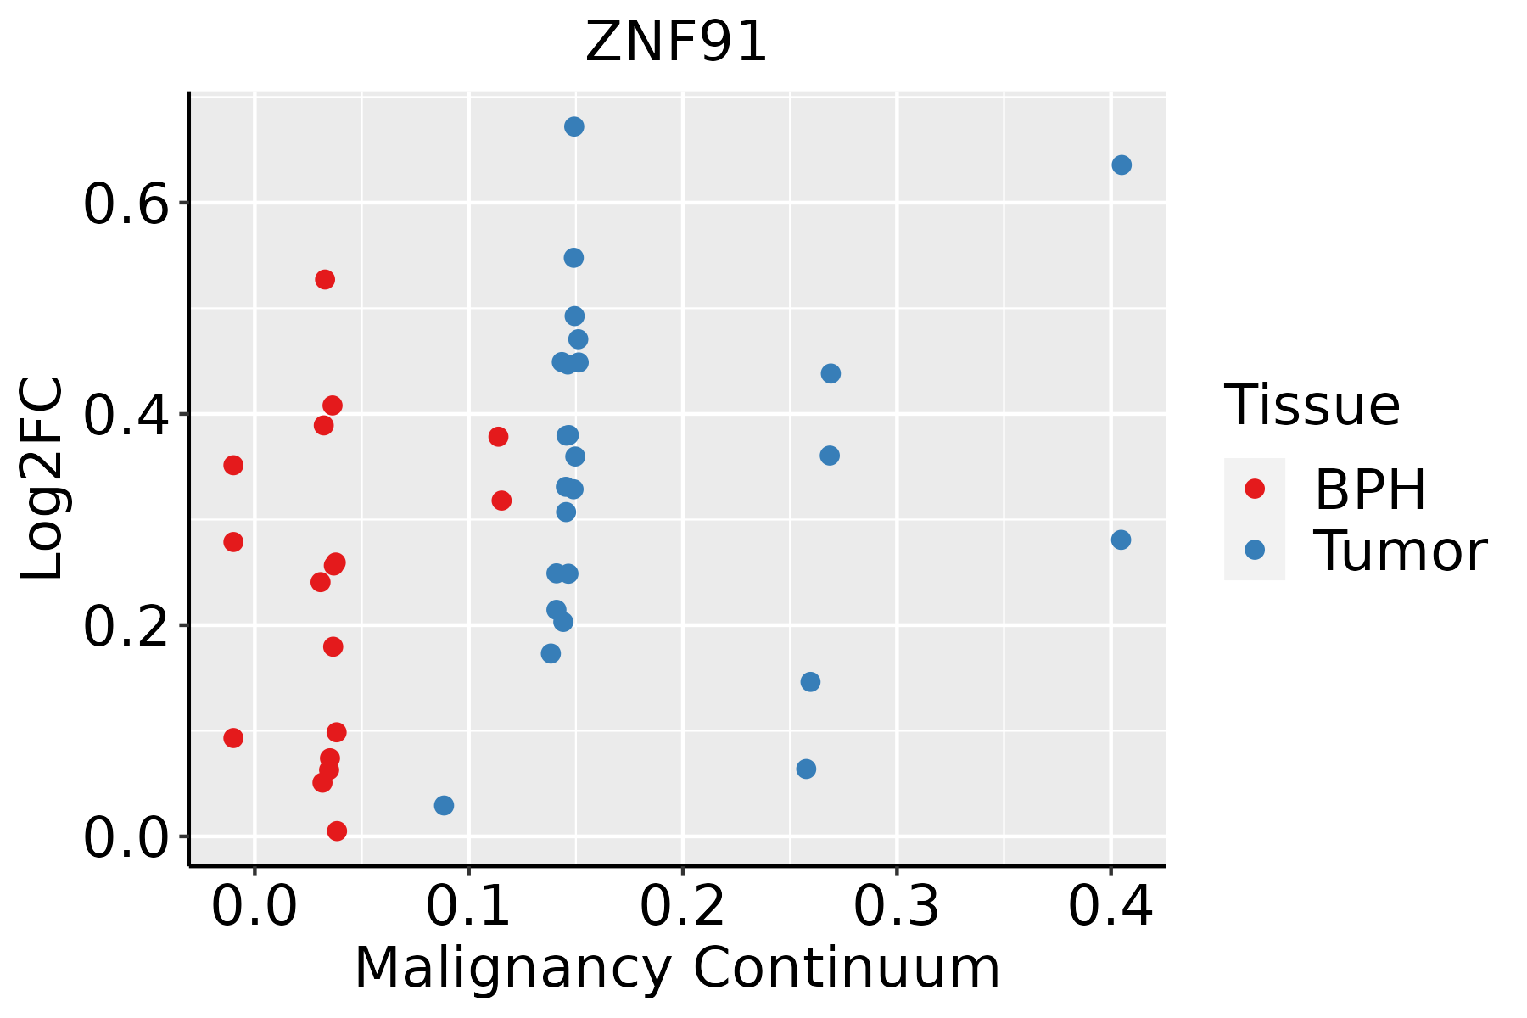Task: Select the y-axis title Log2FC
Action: (x=42, y=479)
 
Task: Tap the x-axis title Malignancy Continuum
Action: (x=676, y=968)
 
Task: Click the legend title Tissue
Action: (x=1312, y=406)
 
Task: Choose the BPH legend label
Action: (x=1369, y=489)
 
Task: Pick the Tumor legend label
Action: (x=1400, y=551)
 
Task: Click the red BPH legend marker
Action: (x=1254, y=489)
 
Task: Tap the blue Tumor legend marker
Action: (x=1254, y=550)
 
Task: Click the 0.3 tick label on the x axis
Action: (x=896, y=906)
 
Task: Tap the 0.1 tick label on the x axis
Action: (x=468, y=906)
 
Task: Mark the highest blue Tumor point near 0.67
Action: (x=574, y=126)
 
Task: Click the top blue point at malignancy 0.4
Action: (x=1121, y=165)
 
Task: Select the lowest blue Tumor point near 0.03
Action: (x=444, y=805)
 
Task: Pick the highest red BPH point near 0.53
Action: (x=325, y=279)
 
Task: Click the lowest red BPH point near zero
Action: (x=337, y=831)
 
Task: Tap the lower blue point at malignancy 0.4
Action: (x=1121, y=540)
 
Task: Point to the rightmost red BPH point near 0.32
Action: (x=501, y=501)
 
